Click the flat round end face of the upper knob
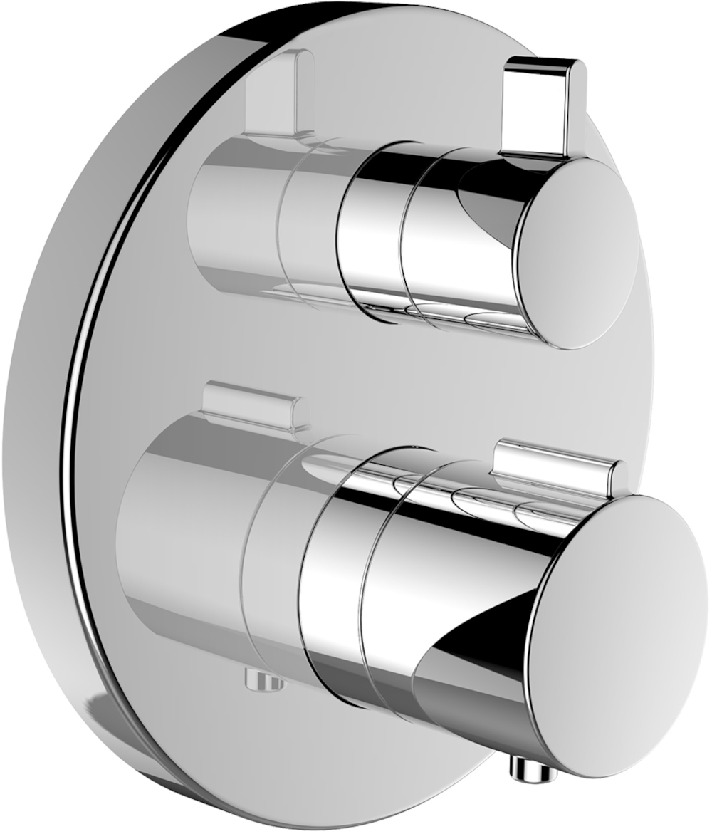click(578, 253)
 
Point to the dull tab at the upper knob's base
click(279, 93)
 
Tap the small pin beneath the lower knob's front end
click(528, 768)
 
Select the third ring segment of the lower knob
click(331, 591)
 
